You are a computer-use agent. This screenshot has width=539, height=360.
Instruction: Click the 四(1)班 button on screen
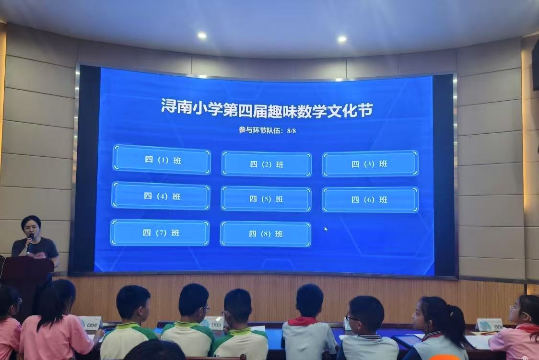[x=162, y=160]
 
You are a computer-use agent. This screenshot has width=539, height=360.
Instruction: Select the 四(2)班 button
[x=267, y=164]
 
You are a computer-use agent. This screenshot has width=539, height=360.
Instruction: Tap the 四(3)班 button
[x=370, y=163]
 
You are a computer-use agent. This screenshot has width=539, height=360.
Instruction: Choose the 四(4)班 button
[x=161, y=196]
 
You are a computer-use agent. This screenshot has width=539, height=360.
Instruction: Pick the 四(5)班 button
[x=266, y=199]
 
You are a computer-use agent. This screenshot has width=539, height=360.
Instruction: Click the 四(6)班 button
[x=370, y=199]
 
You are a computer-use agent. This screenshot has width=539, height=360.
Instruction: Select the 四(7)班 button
[x=160, y=232]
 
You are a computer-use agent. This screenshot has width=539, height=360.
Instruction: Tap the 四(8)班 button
[x=265, y=234]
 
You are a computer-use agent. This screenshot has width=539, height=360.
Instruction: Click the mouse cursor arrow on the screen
[x=326, y=229]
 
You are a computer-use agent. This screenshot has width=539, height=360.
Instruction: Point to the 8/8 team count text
[x=291, y=130]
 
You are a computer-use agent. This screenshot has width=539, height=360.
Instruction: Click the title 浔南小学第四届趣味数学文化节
[x=267, y=108]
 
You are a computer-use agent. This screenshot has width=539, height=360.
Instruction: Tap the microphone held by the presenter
[x=30, y=242]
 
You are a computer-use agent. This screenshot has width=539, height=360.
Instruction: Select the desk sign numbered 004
[x=90, y=323]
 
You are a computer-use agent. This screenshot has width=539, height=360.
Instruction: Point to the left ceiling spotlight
[x=202, y=35]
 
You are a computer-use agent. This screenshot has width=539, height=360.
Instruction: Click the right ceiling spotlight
[x=342, y=39]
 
